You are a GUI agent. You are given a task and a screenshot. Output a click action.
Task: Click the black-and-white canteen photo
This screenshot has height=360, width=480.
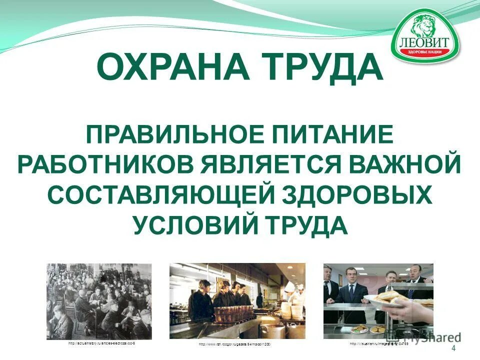pos(99,301)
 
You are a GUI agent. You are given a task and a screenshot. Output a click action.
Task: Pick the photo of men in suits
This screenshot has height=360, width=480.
pos(378,301)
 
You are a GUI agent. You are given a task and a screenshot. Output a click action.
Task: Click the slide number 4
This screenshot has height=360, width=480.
pos(453,348)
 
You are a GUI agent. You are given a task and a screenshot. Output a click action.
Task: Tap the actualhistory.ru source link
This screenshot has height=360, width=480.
pos(101,344)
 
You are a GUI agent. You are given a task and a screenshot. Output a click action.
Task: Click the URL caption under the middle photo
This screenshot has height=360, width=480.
pos(237,345)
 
